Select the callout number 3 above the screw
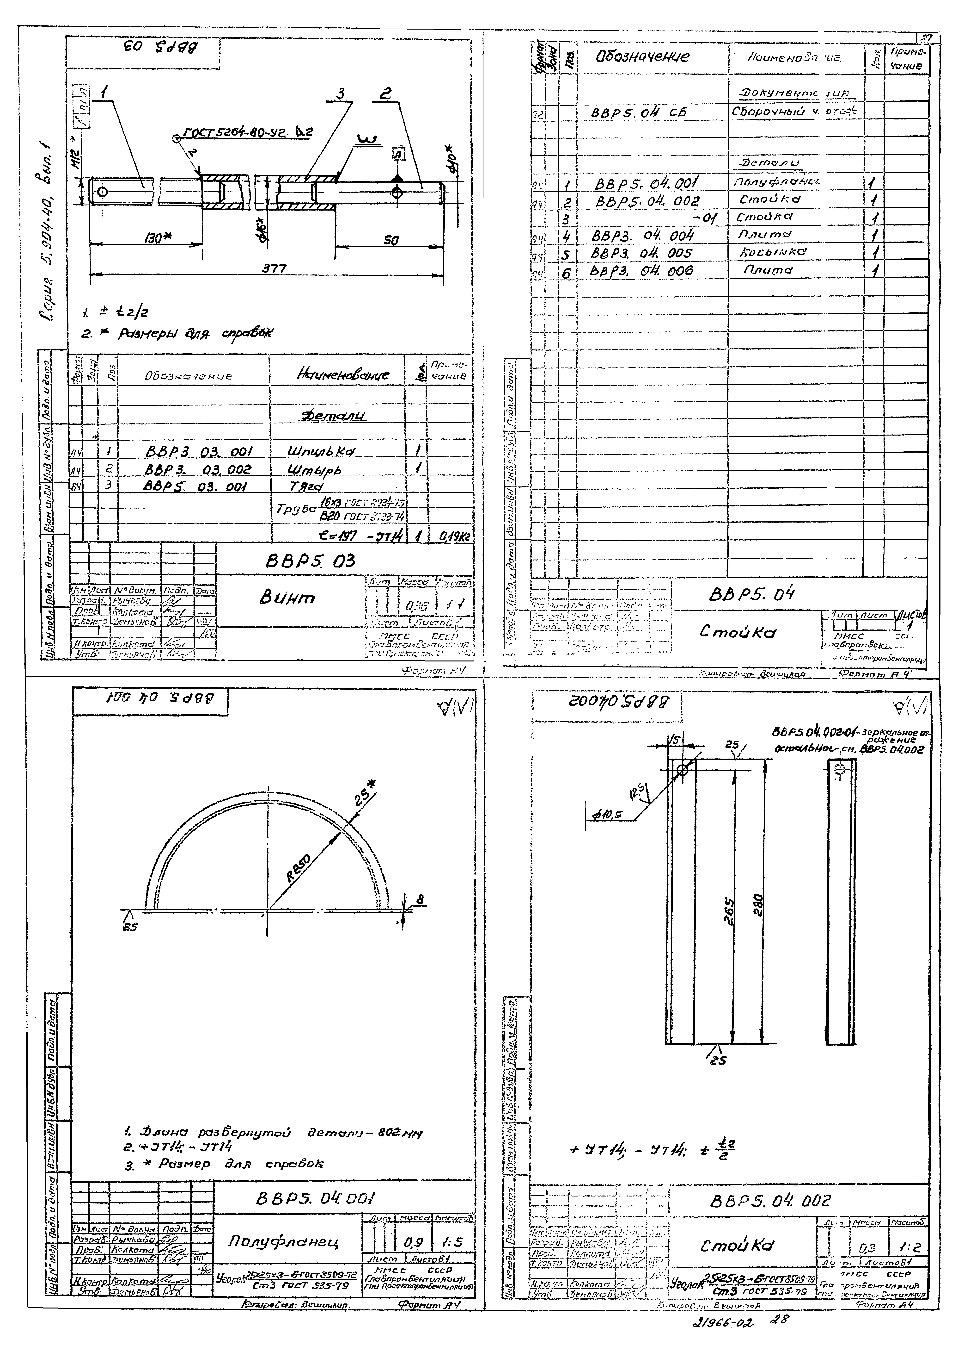(340, 93)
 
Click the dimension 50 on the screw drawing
(391, 240)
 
